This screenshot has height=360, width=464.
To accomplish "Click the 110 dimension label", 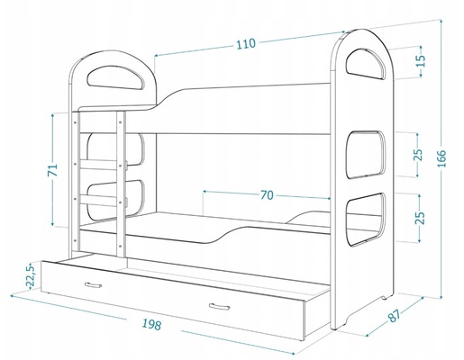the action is point(246,44).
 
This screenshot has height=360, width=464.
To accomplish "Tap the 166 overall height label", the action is point(441,158).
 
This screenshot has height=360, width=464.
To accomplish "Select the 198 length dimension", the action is point(151,324).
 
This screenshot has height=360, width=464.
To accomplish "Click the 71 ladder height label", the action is point(53,170).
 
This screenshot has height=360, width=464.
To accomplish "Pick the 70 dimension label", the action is point(267,195).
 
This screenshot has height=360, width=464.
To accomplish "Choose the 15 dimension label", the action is point(421,61).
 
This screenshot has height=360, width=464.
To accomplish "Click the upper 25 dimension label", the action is point(419,155).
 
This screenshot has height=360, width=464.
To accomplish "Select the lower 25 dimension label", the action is point(420,218).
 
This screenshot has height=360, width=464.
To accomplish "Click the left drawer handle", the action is point(93,284).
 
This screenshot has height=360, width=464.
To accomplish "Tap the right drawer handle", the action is point(219,307).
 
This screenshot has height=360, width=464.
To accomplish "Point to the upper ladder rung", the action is point(98,165).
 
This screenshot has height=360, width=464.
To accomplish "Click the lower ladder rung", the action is point(98,201).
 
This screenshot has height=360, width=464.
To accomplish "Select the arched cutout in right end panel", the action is point(365,63).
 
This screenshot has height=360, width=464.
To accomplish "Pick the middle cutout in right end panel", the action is point(365,155).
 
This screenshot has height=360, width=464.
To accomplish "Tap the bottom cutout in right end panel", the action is point(365,220).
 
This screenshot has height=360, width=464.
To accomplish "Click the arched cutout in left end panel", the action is point(115,77).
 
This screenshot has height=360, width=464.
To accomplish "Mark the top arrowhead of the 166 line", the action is point(441,22).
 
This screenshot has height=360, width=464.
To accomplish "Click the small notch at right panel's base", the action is point(384,298).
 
